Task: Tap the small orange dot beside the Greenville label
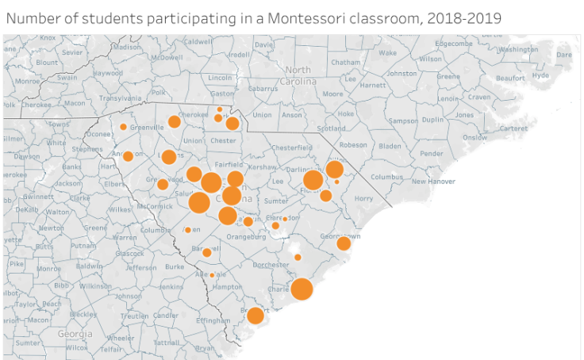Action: [x=123, y=127]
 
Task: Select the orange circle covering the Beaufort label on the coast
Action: [x=255, y=316]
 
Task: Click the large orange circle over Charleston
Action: [x=302, y=289]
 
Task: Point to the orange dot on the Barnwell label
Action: [x=207, y=252]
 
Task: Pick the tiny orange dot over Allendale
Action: [x=212, y=275]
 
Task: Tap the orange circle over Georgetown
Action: [x=344, y=243]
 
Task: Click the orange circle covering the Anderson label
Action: [x=128, y=156]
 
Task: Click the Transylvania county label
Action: [x=119, y=98]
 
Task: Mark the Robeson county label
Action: [x=353, y=145]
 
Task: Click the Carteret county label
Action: [x=513, y=128]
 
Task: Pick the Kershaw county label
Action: [x=261, y=167]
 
